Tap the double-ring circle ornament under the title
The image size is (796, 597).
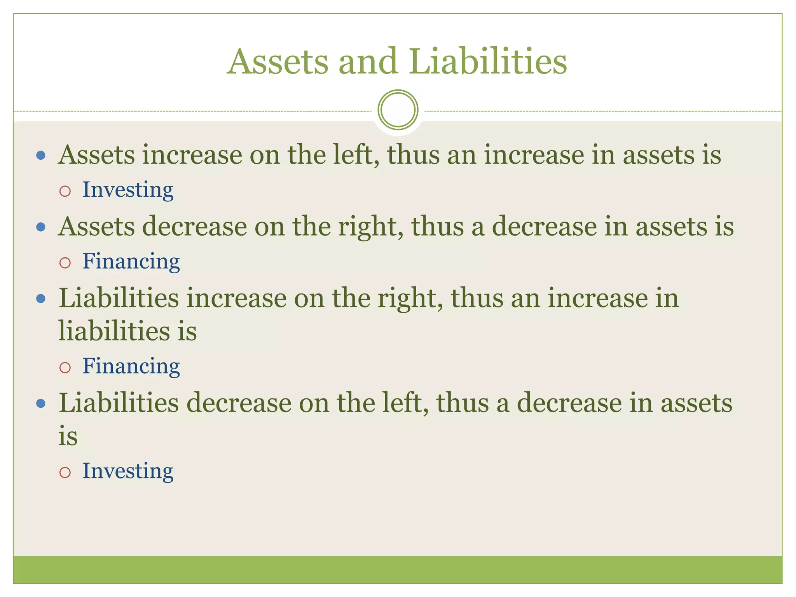point(398,110)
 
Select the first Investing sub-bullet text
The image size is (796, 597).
point(127,190)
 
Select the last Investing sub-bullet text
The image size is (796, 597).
point(127,471)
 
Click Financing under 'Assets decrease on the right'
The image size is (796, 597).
point(131,261)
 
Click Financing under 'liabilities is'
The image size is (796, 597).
point(131,366)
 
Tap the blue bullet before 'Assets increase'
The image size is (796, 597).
point(41,156)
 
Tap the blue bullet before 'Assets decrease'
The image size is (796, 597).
point(41,227)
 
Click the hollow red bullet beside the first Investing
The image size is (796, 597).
point(65,191)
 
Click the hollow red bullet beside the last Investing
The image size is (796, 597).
point(65,472)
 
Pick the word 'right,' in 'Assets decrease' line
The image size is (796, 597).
point(371,226)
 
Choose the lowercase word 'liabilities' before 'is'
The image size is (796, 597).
point(114,331)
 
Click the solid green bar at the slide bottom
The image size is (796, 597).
point(398,569)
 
